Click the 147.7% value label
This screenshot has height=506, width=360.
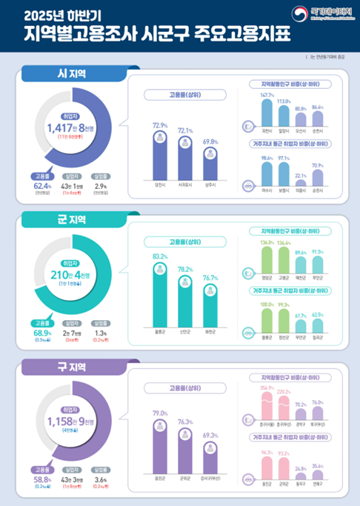(267, 96)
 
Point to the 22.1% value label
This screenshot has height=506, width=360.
(301, 154)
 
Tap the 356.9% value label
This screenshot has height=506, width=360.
(267, 387)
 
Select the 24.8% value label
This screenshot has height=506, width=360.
(301, 447)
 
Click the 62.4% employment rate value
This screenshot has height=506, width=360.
(41, 187)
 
